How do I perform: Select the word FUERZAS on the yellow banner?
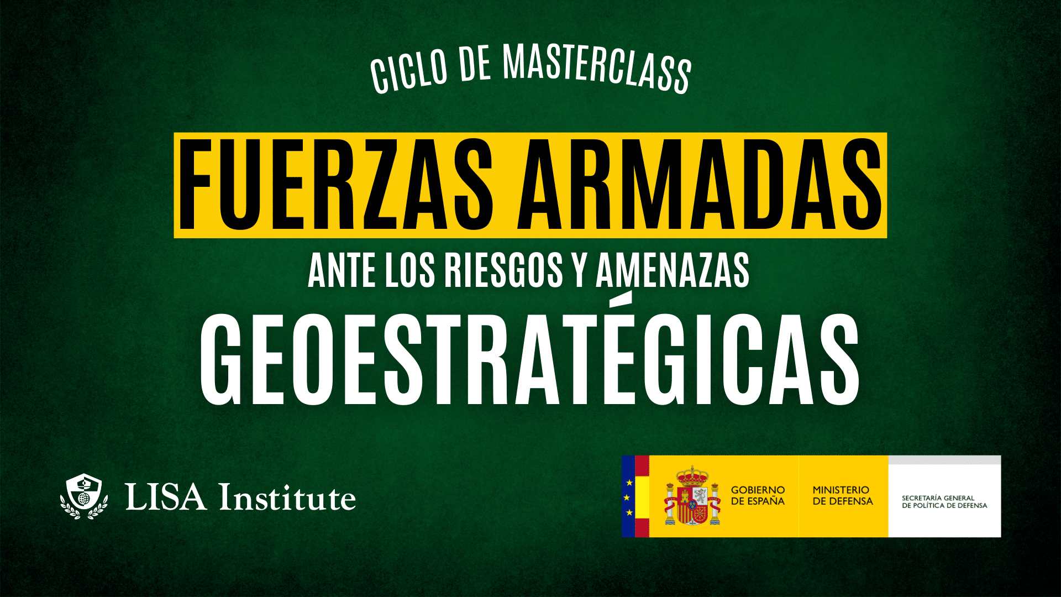point(335,185)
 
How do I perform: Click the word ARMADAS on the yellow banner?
point(699,185)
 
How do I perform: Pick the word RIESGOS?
point(503,270)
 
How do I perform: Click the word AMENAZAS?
point(673,270)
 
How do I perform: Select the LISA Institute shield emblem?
point(84,496)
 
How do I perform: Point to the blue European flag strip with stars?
point(628,496)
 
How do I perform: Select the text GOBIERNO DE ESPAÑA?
point(758,495)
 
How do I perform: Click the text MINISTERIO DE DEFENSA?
point(842,495)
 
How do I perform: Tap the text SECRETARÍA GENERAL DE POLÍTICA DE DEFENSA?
point(944,502)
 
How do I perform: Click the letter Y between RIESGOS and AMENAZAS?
point(579,270)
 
